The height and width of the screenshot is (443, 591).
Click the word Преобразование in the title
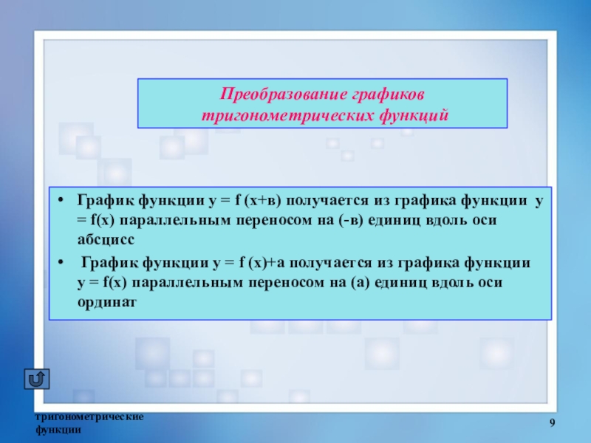click(x=284, y=94)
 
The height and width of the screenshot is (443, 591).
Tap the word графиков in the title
click(x=389, y=95)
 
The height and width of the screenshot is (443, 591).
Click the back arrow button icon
click(x=37, y=379)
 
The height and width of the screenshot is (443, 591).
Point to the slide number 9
click(x=552, y=423)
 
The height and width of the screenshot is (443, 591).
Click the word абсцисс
click(x=106, y=239)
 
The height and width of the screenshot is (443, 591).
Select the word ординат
click(x=106, y=302)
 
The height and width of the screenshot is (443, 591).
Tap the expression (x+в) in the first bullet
click(x=263, y=200)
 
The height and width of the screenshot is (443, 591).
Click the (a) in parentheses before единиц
click(x=360, y=283)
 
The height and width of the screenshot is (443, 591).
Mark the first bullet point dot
click(x=61, y=200)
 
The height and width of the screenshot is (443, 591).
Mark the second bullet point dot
click(x=61, y=262)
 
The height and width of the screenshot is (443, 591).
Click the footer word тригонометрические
click(x=89, y=417)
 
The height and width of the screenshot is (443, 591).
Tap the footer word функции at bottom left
click(x=58, y=430)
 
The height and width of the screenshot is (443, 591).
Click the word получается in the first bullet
click(x=327, y=200)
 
